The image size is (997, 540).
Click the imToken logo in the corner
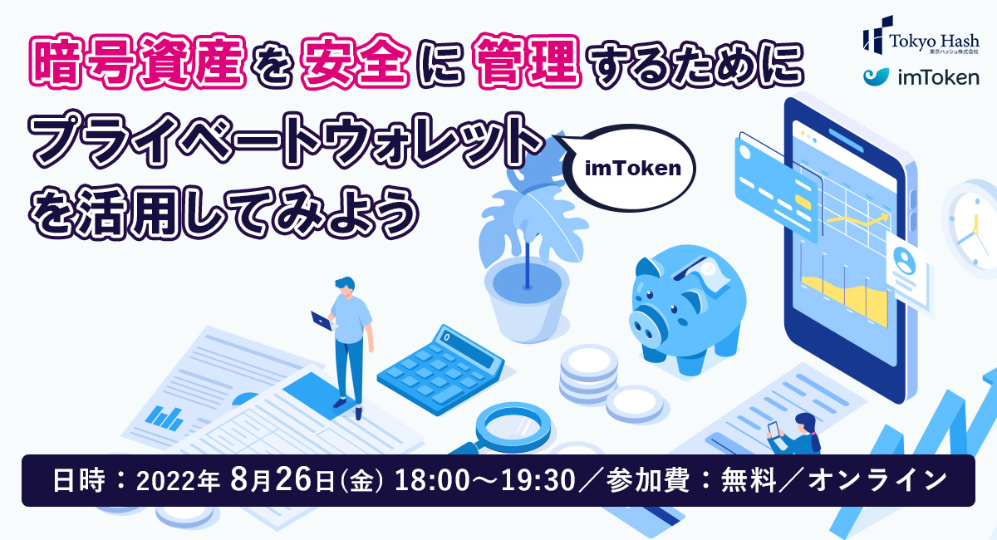pyautogui.click(x=920, y=78)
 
